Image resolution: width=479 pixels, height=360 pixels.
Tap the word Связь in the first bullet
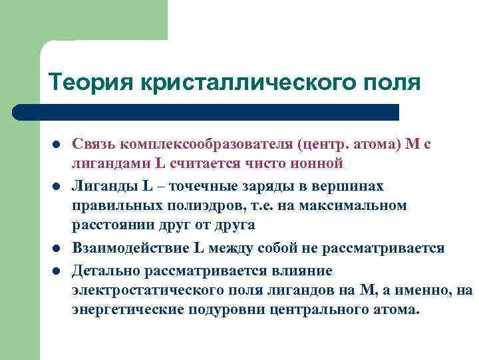95,144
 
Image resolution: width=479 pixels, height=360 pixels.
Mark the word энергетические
127,310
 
